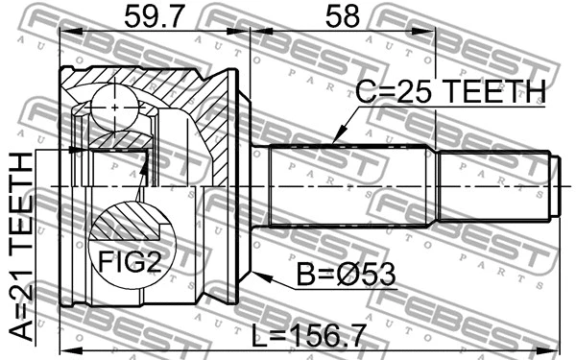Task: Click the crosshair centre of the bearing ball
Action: click(x=114, y=108)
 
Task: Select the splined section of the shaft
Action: click(x=350, y=185)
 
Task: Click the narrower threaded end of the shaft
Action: click(x=494, y=185)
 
